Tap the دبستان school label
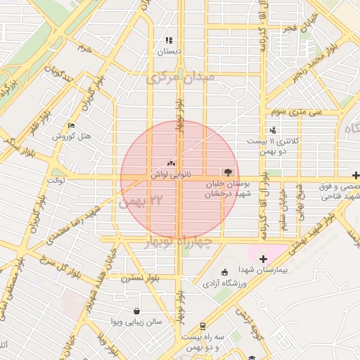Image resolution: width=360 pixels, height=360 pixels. click(169, 51)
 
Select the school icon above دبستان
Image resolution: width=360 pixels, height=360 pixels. click(169, 40)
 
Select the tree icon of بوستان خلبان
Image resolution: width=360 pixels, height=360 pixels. click(227, 172)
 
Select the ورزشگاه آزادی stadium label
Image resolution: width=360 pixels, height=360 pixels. click(225, 283)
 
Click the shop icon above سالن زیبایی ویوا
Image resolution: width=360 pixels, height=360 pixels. click(136, 311)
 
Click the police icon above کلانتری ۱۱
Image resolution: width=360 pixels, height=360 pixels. click(273, 130)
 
